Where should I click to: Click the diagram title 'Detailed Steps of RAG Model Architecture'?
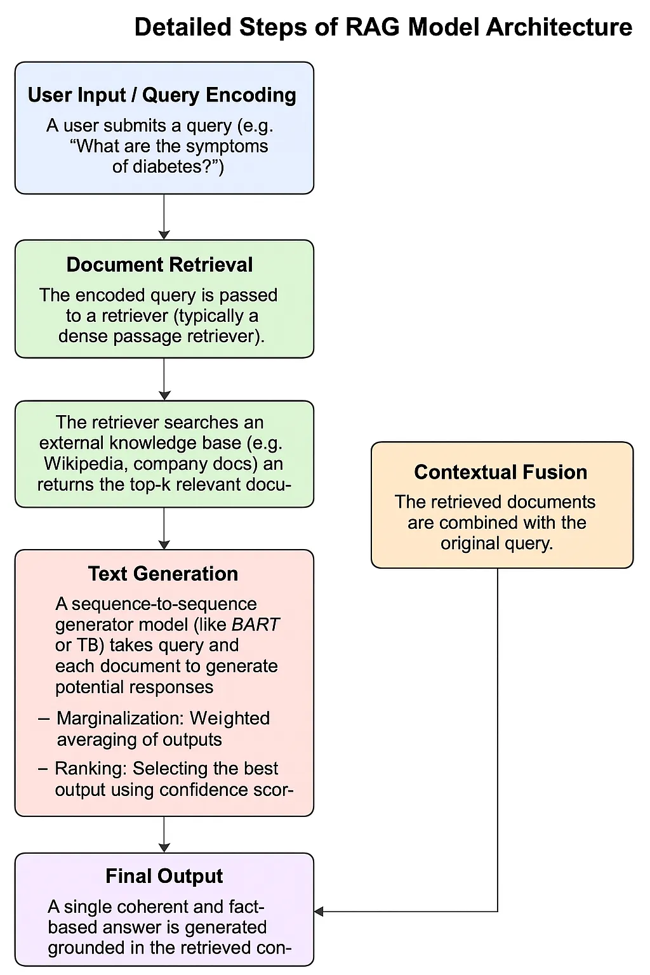pyautogui.click(x=383, y=28)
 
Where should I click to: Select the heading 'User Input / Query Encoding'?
pyautogui.click(x=162, y=95)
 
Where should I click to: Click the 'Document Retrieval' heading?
pyautogui.click(x=159, y=265)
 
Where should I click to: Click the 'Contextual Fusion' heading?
pyautogui.click(x=500, y=472)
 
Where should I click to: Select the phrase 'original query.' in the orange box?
pyautogui.click(x=496, y=544)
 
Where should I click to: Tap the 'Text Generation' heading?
pyautogui.click(x=163, y=574)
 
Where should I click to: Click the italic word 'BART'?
pyautogui.click(x=255, y=625)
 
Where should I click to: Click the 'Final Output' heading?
pyautogui.click(x=164, y=877)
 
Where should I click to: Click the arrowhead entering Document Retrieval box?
pyautogui.click(x=164, y=235)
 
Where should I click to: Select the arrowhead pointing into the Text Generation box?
pyautogui.click(x=164, y=545)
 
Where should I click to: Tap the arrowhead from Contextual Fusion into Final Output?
pyautogui.click(x=319, y=912)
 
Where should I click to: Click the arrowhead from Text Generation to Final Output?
pyautogui.click(x=164, y=848)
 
